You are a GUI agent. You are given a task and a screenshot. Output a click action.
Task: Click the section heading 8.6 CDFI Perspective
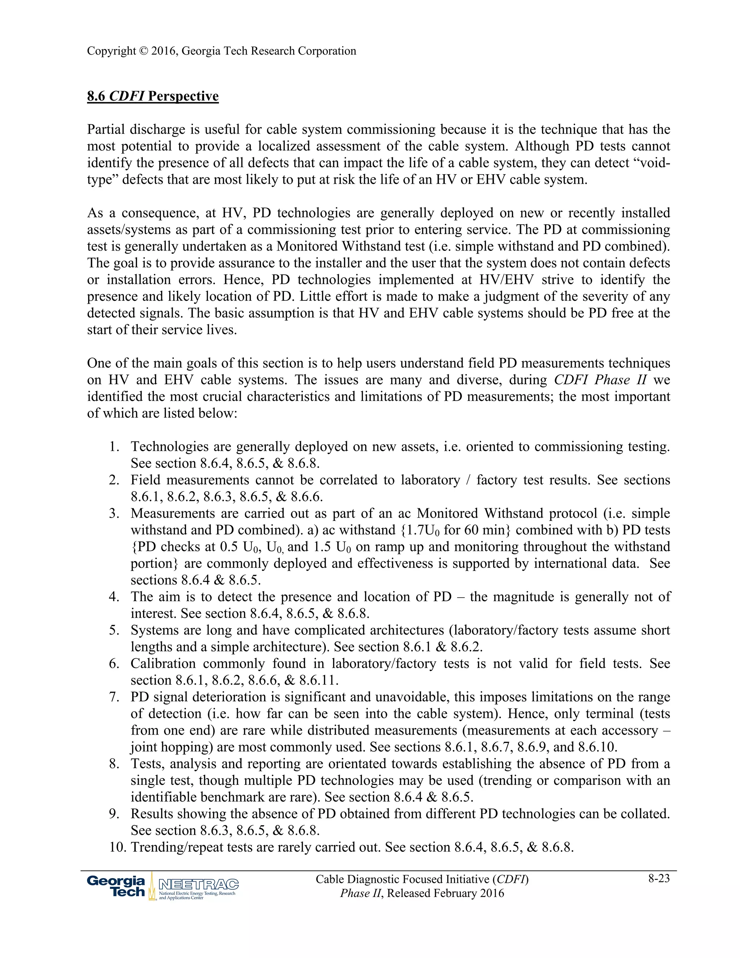point(152,96)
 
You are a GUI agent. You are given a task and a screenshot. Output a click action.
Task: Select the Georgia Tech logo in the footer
point(116,886)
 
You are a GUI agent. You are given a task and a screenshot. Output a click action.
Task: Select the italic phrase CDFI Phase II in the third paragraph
point(600,380)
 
